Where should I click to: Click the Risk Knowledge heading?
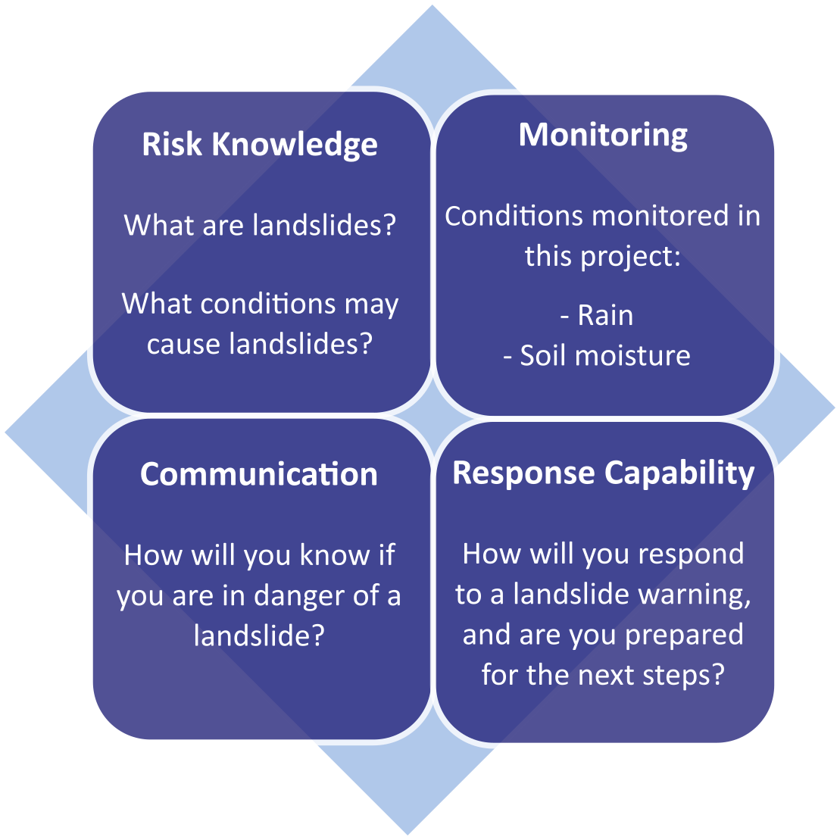pyautogui.click(x=260, y=145)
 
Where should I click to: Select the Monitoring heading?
pyautogui.click(x=603, y=135)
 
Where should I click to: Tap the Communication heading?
pyautogui.click(x=259, y=474)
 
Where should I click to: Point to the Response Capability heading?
pyautogui.click(x=604, y=473)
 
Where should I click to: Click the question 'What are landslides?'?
pyautogui.click(x=260, y=225)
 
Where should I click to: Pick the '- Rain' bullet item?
pyautogui.click(x=597, y=316)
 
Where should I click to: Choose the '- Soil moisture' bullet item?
pyautogui.click(x=598, y=356)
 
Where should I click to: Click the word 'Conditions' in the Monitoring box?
pyautogui.click(x=514, y=216)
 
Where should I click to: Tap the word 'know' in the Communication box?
pyautogui.click(x=335, y=555)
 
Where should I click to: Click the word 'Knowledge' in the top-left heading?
pyautogui.click(x=295, y=145)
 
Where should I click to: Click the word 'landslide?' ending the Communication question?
pyautogui.click(x=259, y=635)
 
